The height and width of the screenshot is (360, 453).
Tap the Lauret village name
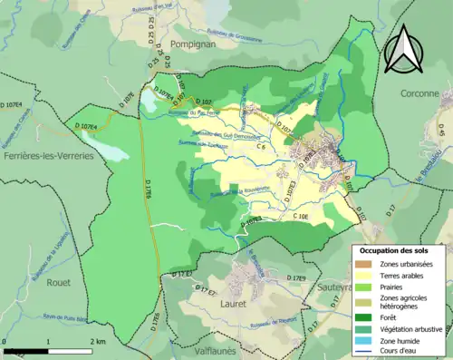click(234, 304)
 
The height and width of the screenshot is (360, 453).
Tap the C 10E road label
click(301, 218)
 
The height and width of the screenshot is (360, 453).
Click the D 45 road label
click(443, 132)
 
